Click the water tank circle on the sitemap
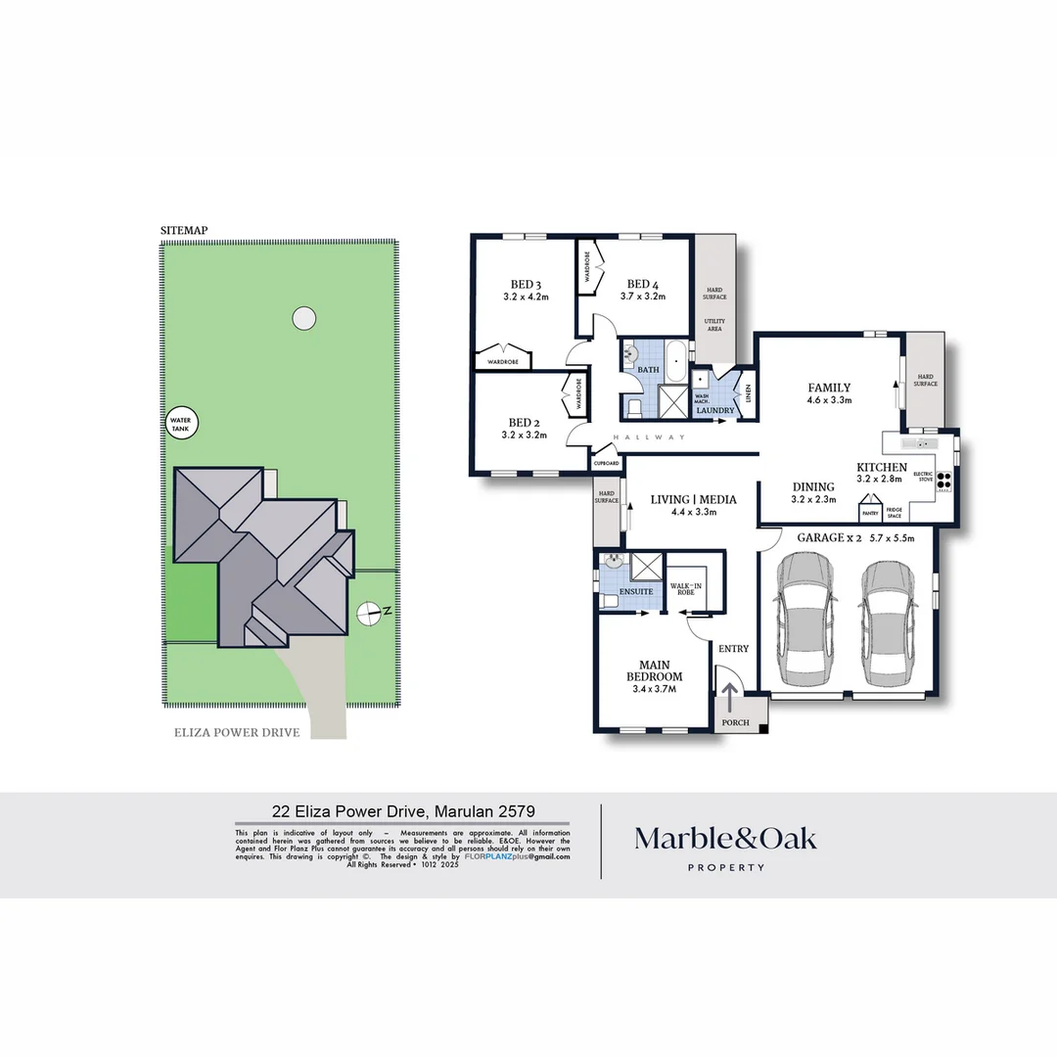click(183, 424)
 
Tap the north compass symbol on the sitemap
click(369, 613)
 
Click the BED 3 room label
click(525, 285)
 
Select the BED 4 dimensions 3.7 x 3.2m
click(642, 297)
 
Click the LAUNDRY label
click(714, 410)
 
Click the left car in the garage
click(804, 623)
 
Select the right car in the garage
click(890, 623)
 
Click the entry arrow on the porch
click(730, 698)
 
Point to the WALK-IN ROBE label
click(686, 589)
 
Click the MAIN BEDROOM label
click(654, 670)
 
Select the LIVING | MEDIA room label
click(693, 499)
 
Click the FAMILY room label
click(828, 388)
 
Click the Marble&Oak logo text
click(725, 838)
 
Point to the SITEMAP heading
click(184, 230)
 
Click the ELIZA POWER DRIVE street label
click(237, 731)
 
